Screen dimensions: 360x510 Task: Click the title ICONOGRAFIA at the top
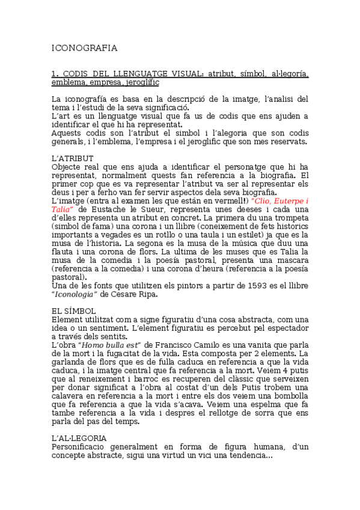coord(85,48)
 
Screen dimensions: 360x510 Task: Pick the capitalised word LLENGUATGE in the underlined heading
coord(134,74)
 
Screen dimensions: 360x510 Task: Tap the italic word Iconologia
coord(75,294)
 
